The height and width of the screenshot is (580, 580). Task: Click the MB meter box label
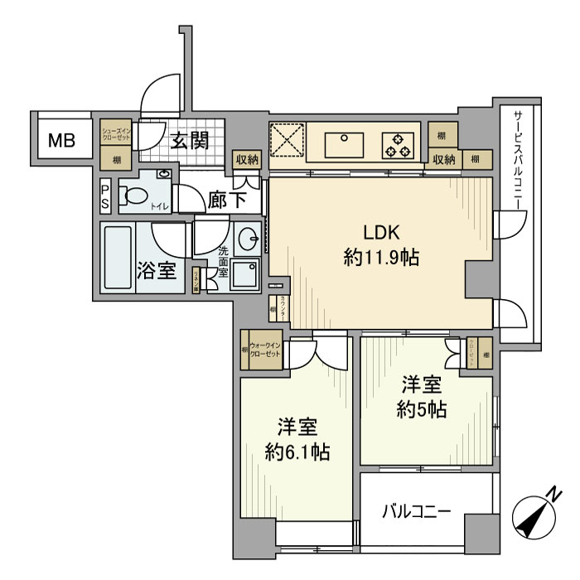click(x=60, y=141)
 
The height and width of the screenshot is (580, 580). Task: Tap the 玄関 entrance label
click(x=189, y=140)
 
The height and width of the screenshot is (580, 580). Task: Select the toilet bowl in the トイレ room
click(x=133, y=196)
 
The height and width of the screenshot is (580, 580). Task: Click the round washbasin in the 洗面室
click(x=246, y=240)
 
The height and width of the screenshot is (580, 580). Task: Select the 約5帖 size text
click(x=422, y=409)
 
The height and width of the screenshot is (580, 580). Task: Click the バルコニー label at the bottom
click(x=416, y=511)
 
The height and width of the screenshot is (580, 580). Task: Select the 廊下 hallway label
click(x=225, y=200)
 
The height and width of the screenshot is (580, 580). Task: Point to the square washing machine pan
click(x=244, y=274)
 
